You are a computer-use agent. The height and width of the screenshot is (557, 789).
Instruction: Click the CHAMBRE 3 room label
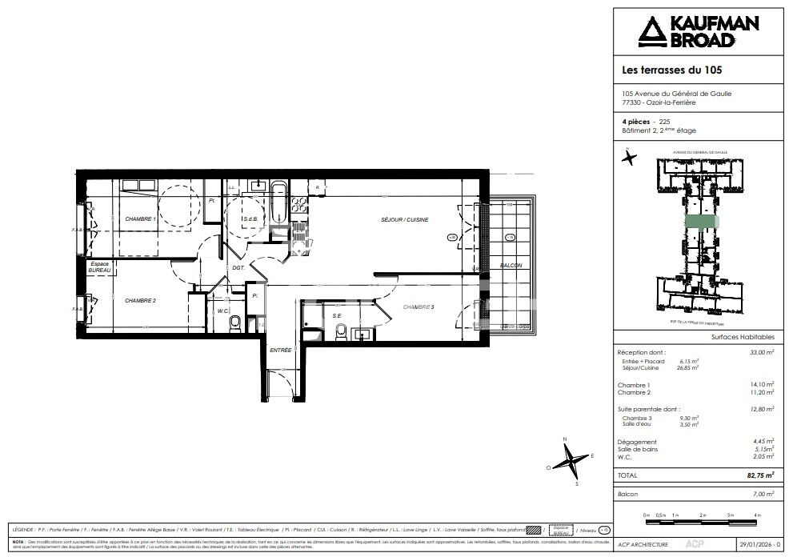(419, 307)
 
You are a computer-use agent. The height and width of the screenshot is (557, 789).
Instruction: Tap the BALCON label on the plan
(511, 266)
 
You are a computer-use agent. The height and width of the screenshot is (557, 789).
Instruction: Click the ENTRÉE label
(281, 350)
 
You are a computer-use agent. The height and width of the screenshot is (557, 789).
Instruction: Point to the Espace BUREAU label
(99, 267)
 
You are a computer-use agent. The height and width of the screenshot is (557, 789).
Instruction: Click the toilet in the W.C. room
(234, 323)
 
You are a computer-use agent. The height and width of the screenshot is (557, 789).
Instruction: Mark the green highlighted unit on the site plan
(702, 223)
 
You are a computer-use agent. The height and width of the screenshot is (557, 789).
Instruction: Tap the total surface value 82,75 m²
(760, 475)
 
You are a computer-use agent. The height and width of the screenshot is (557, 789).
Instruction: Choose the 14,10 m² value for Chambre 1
(763, 384)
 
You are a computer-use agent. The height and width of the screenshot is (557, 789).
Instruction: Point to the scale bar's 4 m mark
(756, 514)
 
